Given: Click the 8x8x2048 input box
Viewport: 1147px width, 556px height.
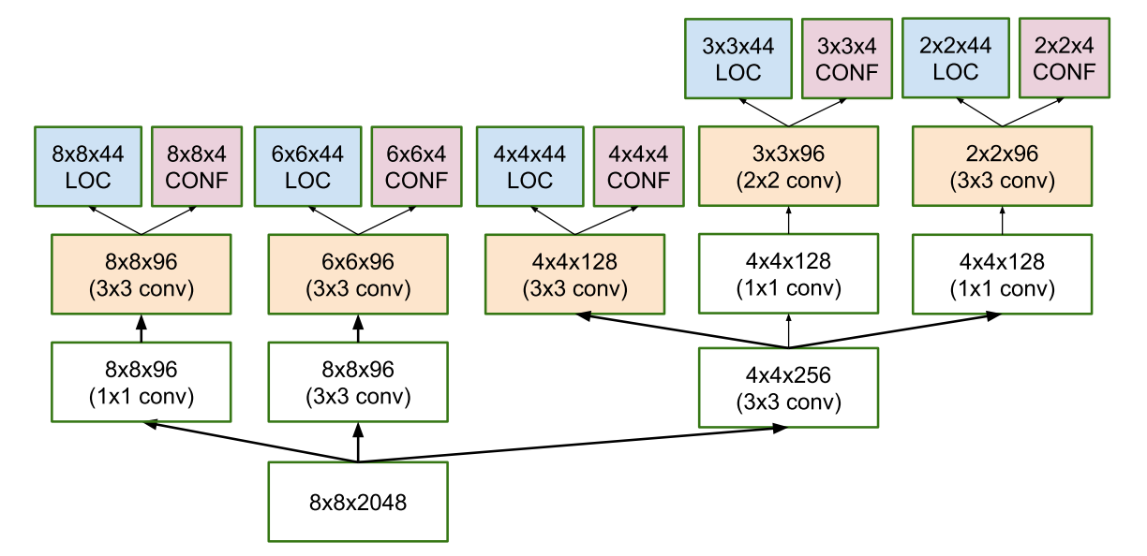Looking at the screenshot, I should [x=357, y=501].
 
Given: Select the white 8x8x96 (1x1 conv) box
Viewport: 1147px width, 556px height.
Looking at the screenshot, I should [x=141, y=382].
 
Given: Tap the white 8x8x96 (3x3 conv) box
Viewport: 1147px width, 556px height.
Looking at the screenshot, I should [x=357, y=382].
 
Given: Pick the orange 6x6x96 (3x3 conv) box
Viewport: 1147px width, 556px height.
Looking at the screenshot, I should [x=357, y=274].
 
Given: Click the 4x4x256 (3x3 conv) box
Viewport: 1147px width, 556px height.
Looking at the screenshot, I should [x=788, y=388].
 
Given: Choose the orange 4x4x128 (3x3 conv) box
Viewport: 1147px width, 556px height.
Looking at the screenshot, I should [x=573, y=274].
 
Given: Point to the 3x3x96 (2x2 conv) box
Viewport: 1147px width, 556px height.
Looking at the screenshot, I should [x=788, y=166].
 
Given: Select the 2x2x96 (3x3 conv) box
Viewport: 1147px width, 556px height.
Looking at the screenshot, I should [x=1002, y=166].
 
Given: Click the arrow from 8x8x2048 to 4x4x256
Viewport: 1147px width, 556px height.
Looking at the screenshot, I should [x=572, y=445].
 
